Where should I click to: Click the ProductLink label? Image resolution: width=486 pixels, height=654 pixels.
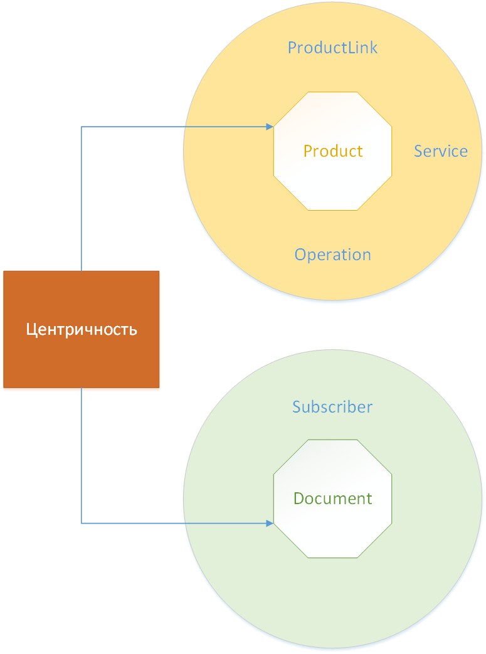click(332, 48)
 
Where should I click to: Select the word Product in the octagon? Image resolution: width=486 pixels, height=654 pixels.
click(332, 151)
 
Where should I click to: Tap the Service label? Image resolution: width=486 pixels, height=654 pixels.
click(440, 151)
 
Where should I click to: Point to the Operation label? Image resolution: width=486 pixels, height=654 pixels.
click(332, 255)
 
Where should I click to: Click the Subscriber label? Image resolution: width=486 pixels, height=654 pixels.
click(332, 407)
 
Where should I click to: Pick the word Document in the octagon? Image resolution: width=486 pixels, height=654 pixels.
click(332, 498)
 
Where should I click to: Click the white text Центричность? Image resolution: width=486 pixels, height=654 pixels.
click(82, 329)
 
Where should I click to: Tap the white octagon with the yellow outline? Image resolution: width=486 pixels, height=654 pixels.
click(332, 182)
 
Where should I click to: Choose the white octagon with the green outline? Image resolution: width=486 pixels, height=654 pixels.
click(332, 533)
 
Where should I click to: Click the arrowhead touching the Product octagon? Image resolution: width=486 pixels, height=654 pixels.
click(270, 127)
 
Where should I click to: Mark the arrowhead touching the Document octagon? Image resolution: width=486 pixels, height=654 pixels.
click(270, 523)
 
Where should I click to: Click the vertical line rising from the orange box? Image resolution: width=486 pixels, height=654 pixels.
click(82, 201)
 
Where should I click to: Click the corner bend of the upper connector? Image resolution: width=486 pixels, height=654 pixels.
click(82, 127)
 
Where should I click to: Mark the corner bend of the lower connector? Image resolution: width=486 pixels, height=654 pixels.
click(82, 523)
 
